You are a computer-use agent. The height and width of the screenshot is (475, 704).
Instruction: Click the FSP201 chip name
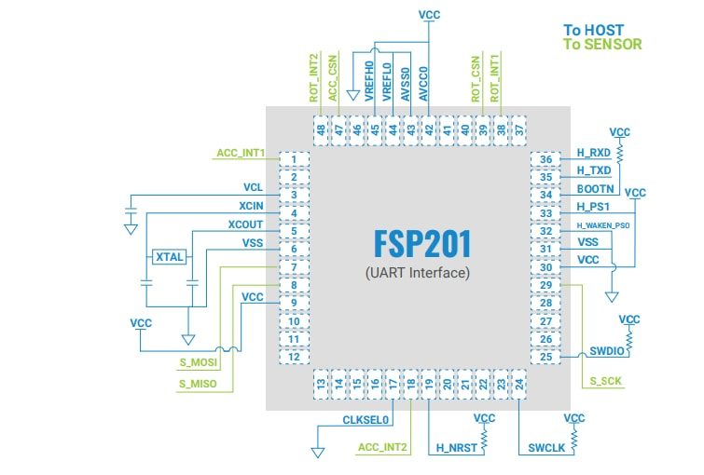[x=422, y=244]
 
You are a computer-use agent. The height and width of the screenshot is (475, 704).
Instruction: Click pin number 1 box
[x=293, y=160]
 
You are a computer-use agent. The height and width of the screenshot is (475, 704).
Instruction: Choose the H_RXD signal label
[x=593, y=153]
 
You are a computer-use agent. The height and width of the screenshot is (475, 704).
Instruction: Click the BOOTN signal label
[x=593, y=188]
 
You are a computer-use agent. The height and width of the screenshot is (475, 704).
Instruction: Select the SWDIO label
[x=606, y=352]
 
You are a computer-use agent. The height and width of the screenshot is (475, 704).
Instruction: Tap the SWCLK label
[x=546, y=447]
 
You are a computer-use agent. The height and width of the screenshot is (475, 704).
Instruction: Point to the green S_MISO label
[x=197, y=383]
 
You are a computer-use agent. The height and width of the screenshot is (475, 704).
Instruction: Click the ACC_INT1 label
[x=241, y=153]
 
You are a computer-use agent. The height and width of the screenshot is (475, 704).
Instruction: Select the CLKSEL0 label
[x=366, y=420]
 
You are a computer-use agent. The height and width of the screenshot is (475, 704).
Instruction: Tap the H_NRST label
[x=456, y=448]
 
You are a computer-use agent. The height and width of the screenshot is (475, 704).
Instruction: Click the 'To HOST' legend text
[x=593, y=30]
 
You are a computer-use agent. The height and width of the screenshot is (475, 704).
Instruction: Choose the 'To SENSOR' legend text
[x=602, y=44]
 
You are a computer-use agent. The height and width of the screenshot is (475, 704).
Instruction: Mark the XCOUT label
[x=245, y=224]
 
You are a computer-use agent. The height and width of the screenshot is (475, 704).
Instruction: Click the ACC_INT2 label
[x=383, y=448]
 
